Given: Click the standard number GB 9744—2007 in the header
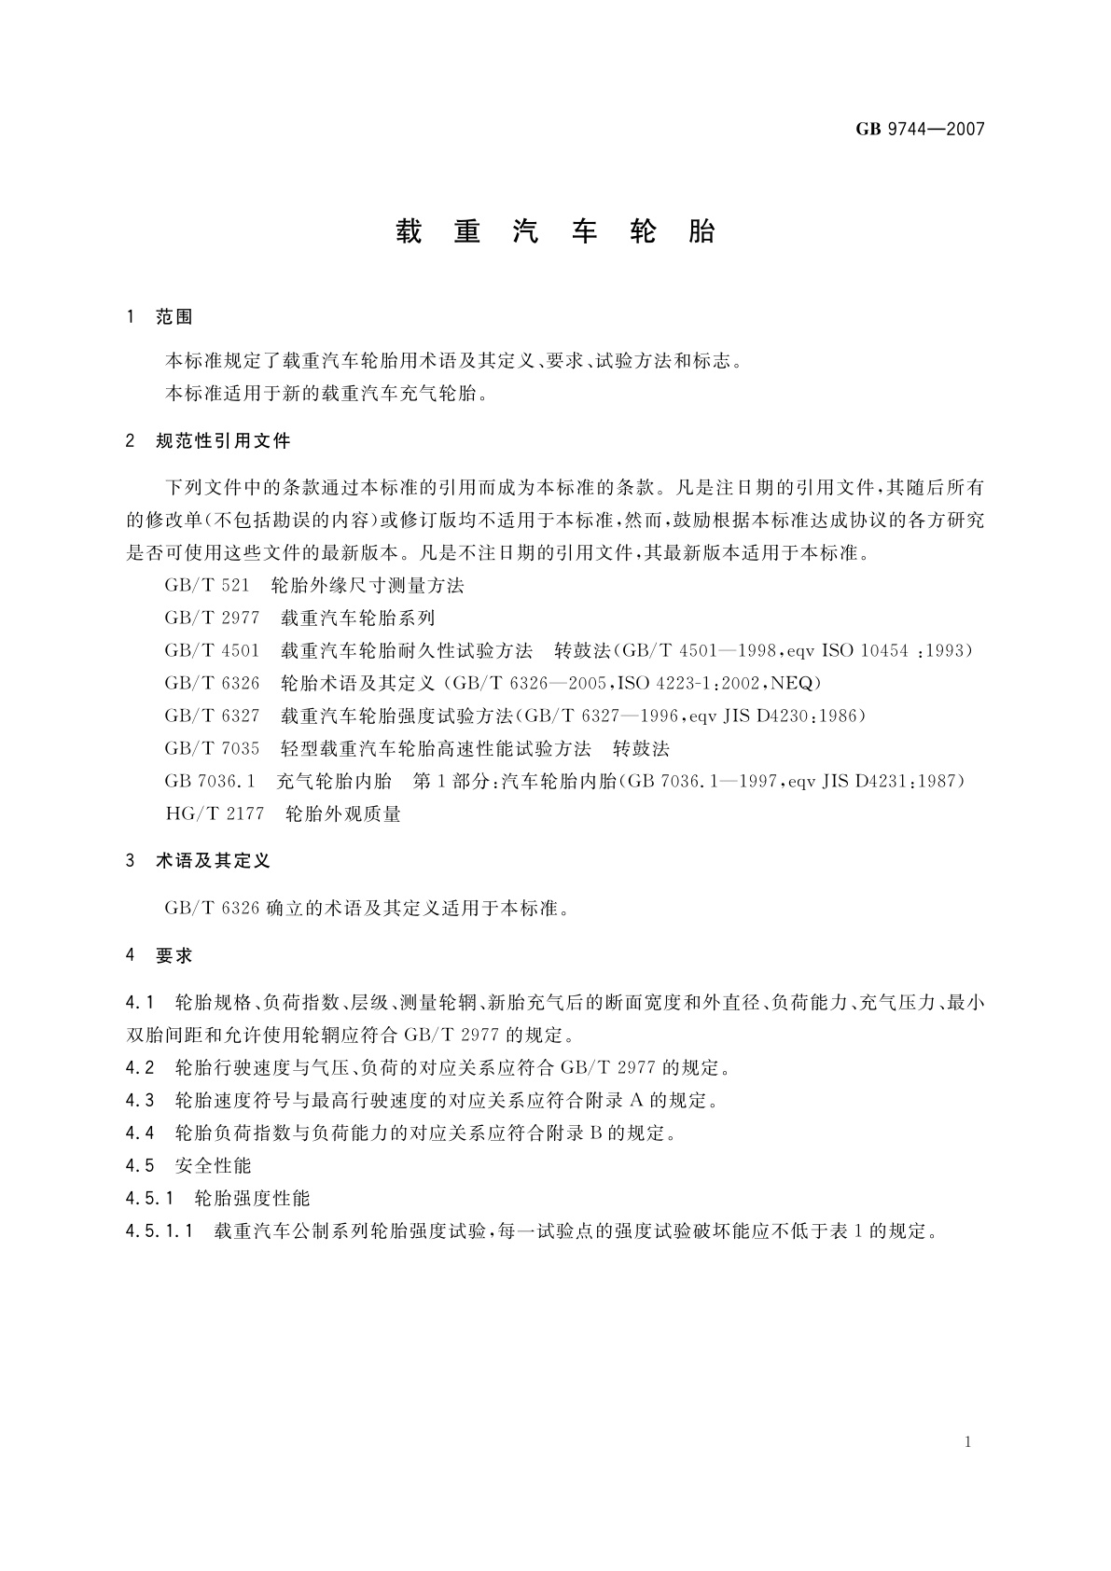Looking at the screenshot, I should tap(920, 130).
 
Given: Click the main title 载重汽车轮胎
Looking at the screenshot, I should tap(555, 231).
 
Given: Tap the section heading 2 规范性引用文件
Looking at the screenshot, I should tap(208, 441).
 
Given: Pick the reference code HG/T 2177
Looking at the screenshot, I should tap(215, 813).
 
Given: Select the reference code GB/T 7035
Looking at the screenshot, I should tap(212, 748).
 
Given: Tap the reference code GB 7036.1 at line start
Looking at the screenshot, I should tap(210, 781).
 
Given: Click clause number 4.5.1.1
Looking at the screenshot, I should tap(159, 1231).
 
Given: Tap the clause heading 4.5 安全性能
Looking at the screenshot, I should tap(188, 1166).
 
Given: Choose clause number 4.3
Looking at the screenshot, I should tap(140, 1101).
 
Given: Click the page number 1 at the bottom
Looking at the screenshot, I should tap(968, 1442).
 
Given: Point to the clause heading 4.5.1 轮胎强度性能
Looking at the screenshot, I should tap(217, 1199).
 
